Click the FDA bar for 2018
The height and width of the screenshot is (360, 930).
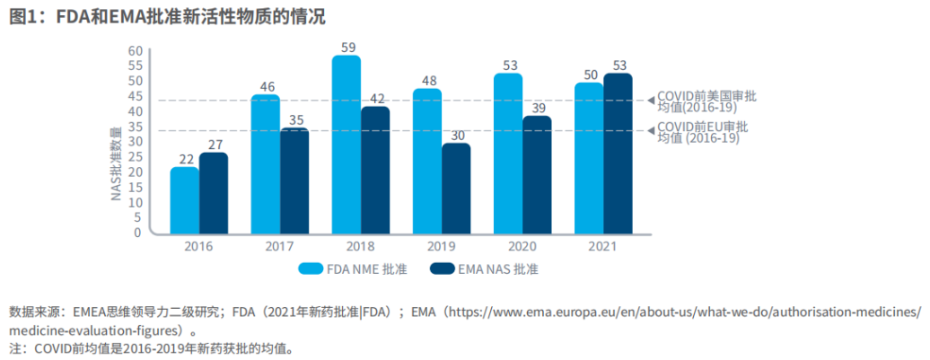click(346, 145)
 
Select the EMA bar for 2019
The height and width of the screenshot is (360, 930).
click(456, 189)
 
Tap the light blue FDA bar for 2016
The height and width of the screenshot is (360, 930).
click(184, 200)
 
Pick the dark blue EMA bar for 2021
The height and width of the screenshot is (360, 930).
click(618, 154)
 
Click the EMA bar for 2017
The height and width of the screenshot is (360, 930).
click(294, 180)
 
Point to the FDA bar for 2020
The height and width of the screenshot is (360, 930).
click(508, 154)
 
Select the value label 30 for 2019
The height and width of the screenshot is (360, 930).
click(456, 135)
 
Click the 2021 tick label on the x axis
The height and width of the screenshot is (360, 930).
click(603, 245)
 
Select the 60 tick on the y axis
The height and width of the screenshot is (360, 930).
click(134, 50)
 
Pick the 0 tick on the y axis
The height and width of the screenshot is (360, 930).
click(137, 233)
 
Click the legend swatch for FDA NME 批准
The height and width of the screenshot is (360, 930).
click(311, 268)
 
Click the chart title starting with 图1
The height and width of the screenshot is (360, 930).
click(167, 16)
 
